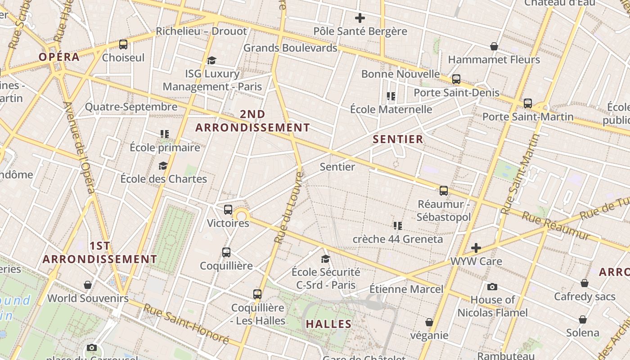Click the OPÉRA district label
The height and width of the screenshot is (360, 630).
[59, 57]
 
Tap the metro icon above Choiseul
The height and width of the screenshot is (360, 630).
[123, 45]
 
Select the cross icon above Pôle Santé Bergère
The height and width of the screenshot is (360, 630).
[360, 18]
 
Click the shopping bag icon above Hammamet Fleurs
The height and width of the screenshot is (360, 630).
[494, 46]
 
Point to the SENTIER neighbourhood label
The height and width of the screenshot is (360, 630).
[398, 139]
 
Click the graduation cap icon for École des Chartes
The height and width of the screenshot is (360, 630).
[163, 166]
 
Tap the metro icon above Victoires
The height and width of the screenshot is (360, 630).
[228, 210]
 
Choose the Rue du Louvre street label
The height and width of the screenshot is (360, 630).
[288, 207]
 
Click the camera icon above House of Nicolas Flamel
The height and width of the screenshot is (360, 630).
[492, 287]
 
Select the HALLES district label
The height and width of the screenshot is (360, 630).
[329, 324]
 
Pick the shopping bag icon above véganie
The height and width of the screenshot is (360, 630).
[429, 322]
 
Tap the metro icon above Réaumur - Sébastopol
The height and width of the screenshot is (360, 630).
[444, 191]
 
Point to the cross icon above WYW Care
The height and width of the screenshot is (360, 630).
[476, 248]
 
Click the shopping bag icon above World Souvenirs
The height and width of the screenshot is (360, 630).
[88, 285]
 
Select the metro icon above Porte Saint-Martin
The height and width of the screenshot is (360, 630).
[528, 103]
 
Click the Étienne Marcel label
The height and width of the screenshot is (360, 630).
[406, 289]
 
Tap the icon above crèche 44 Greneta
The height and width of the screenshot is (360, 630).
[397, 225]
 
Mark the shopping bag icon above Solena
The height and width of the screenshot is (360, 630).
[583, 319]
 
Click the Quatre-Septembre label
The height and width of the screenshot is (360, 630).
[131, 107]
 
